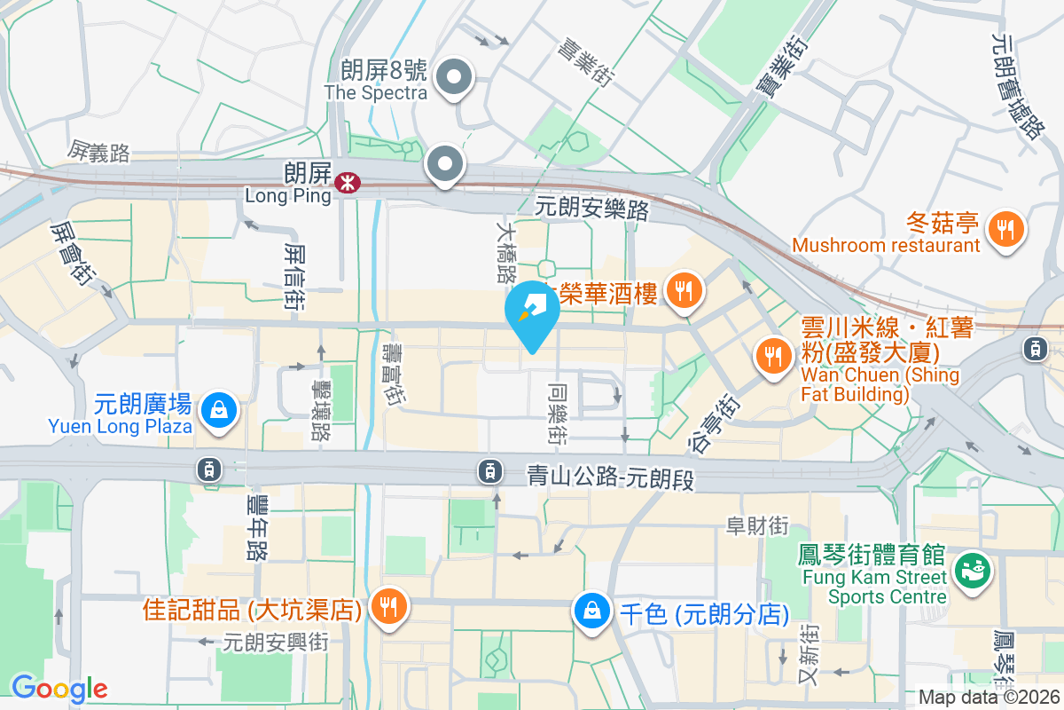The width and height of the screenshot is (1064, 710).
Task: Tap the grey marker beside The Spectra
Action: tap(455, 77)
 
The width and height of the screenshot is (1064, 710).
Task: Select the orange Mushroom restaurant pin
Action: tap(1005, 229)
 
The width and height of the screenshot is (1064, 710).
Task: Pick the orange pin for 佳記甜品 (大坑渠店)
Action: tap(388, 608)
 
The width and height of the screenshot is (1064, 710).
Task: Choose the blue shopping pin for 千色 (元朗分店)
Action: tap(591, 611)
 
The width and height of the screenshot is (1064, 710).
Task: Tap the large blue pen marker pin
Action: tap(532, 314)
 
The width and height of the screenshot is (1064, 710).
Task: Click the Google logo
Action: tap(59, 688)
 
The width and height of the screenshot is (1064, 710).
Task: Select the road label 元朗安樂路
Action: tap(592, 209)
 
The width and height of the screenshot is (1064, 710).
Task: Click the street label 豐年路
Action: tap(256, 527)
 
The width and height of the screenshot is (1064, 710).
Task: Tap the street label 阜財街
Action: tap(757, 525)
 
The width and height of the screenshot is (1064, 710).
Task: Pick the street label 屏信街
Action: tap(295, 277)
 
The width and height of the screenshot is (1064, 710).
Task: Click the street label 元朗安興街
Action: tap(276, 641)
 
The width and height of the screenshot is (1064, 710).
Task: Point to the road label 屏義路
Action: tap(98, 153)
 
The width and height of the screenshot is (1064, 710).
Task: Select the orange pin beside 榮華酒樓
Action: tap(683, 291)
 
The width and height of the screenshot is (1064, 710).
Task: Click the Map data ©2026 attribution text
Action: tap(990, 698)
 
